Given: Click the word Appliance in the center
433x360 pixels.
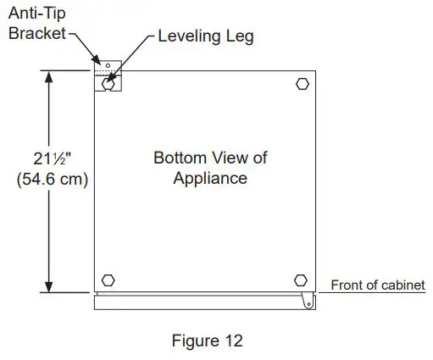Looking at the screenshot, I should pos(210,178).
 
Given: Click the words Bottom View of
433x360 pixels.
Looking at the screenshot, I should pos(210,158).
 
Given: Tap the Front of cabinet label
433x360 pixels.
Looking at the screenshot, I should pos(377,285).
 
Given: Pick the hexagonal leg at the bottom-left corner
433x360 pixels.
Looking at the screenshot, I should pos(108,280).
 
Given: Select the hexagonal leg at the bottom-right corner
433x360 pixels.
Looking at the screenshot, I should pos(301,280).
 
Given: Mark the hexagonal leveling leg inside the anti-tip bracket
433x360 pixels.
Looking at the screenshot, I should pos(108,84).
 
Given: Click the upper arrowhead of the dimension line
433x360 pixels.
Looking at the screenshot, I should pos(50,77).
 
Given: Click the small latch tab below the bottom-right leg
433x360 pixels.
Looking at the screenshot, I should pos(308,300).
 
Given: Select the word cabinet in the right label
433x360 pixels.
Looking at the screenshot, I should pos(402,285).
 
